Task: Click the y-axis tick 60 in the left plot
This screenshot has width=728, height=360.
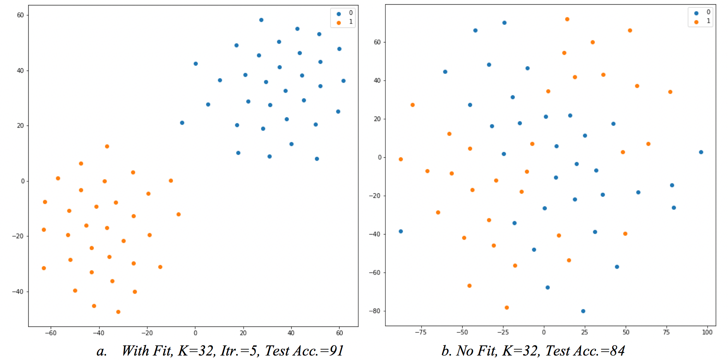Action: point(20,15)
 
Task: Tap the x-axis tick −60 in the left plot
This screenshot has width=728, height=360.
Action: point(51,333)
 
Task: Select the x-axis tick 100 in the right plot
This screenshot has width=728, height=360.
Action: point(707,332)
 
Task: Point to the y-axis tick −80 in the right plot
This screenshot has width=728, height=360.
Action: point(374,311)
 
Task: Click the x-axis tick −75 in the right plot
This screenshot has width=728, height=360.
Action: point(421,332)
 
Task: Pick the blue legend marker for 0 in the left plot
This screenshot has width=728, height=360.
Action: point(339,14)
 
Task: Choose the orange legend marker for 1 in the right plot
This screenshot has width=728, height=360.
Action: point(696,22)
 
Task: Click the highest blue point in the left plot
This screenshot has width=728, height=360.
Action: point(261,20)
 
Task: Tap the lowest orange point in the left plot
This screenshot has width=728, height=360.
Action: point(118,312)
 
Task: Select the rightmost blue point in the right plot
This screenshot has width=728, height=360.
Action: point(701,152)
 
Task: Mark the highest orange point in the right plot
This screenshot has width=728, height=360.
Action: point(567,19)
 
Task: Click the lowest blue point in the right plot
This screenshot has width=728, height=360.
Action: point(583,311)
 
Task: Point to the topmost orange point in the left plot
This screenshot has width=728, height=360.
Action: point(107,146)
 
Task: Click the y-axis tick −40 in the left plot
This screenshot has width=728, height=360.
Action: point(18,292)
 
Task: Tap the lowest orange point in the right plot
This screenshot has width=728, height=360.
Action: point(507,308)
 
